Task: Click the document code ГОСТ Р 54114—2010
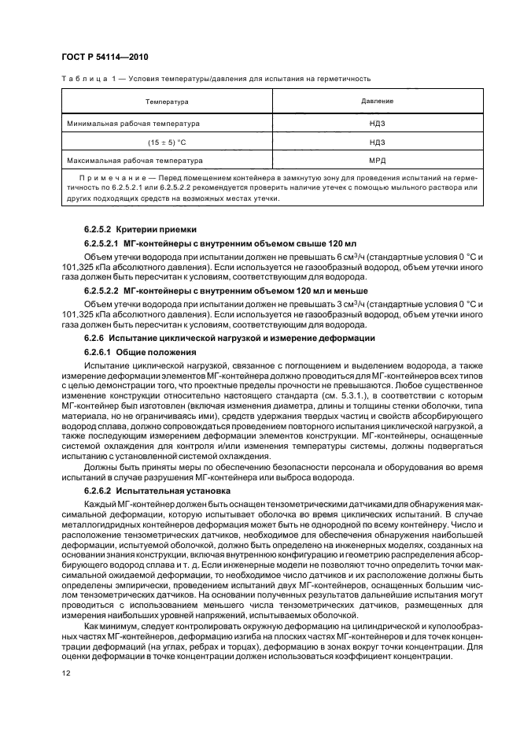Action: (x=104, y=58)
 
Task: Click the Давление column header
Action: (x=377, y=102)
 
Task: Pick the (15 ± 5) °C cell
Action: (x=165, y=142)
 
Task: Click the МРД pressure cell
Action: (x=377, y=160)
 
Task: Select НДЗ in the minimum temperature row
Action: (x=377, y=124)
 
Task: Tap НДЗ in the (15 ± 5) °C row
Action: (x=377, y=142)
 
